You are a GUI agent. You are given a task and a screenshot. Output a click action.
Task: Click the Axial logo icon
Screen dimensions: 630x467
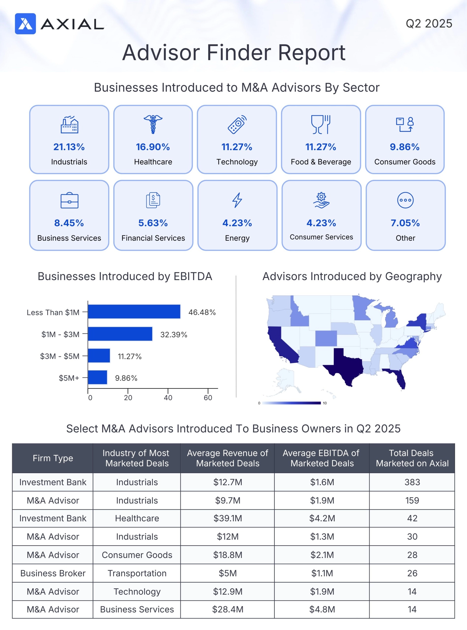click(x=25, y=24)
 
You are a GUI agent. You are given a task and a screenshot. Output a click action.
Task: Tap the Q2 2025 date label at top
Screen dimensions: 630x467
click(x=429, y=23)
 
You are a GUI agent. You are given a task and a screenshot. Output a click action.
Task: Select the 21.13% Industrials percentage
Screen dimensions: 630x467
click(x=69, y=147)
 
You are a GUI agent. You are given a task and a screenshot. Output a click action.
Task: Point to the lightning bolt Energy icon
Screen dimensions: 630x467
click(x=237, y=200)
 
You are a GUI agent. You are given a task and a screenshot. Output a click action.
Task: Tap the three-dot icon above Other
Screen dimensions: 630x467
click(x=405, y=200)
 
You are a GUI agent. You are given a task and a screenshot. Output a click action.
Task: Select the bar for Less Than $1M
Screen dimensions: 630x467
click(x=134, y=312)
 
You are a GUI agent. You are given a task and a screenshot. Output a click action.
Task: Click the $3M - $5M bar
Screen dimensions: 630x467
click(x=99, y=355)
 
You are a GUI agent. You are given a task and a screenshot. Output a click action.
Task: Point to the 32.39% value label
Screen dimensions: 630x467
click(x=174, y=335)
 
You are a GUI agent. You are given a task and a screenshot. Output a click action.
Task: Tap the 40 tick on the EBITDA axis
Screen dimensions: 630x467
click(x=168, y=397)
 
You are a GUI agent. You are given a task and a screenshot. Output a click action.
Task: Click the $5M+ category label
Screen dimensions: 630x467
click(x=69, y=378)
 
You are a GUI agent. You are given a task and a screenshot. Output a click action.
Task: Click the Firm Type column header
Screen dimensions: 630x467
click(x=53, y=458)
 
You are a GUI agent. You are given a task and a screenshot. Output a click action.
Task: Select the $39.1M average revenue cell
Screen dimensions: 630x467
click(x=227, y=518)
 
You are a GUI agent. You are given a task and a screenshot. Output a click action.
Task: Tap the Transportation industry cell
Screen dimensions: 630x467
click(x=137, y=573)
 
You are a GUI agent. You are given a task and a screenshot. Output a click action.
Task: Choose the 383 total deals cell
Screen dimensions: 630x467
click(x=412, y=482)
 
